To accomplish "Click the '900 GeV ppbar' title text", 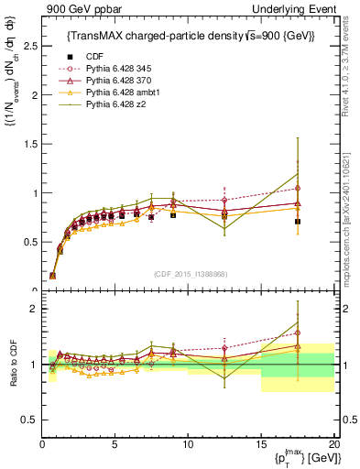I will click(77, 8).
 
